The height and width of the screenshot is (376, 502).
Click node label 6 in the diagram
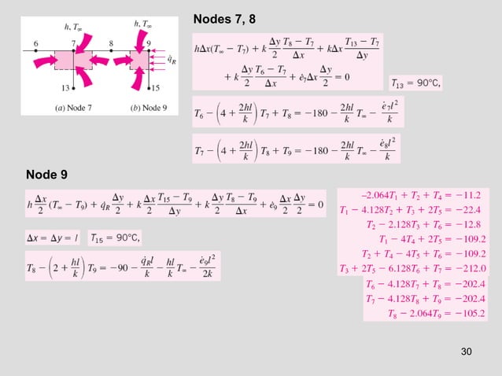click(37, 43)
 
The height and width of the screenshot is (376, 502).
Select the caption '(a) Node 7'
click(69, 107)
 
